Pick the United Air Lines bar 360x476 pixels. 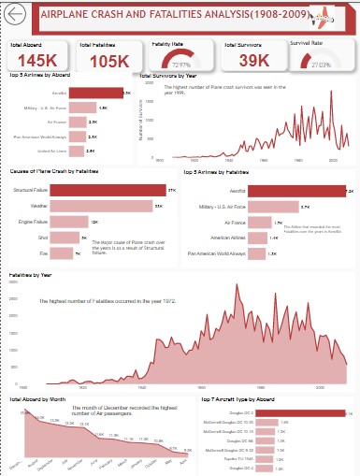point(71,151)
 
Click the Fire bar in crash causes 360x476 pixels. point(60,253)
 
